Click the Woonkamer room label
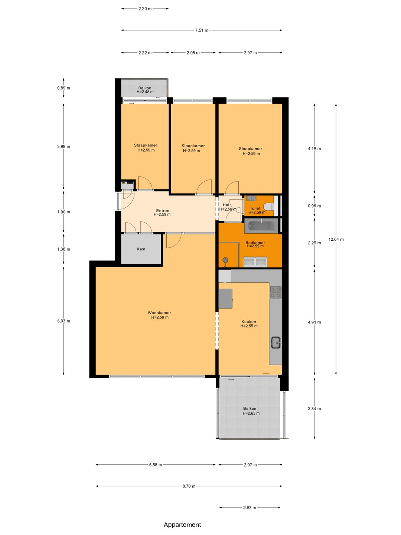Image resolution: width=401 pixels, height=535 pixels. click(160, 313)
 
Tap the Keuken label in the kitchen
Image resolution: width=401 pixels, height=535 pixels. click(249, 322)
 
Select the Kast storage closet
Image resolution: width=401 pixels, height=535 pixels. click(141, 249)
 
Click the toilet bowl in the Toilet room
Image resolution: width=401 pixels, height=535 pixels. click(270, 206)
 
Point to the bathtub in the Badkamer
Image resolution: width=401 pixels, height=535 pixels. click(261, 226)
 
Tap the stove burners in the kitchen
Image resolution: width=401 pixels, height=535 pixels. click(276, 292)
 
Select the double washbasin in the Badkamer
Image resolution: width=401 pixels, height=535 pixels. click(255, 262)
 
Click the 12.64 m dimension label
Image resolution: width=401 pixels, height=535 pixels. click(336, 239)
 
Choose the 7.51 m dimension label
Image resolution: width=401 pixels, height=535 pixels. click(202, 30)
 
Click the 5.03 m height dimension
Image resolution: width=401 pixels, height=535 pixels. click(63, 321)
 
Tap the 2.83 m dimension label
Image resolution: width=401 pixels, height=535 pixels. click(250, 508)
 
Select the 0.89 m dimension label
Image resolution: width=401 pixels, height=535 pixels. click(63, 88)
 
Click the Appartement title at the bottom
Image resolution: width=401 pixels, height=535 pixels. click(182, 525)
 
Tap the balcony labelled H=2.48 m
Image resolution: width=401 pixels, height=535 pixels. click(145, 88)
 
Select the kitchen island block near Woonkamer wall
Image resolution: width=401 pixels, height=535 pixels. click(225, 299)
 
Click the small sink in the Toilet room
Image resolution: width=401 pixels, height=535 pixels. click(251, 198)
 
